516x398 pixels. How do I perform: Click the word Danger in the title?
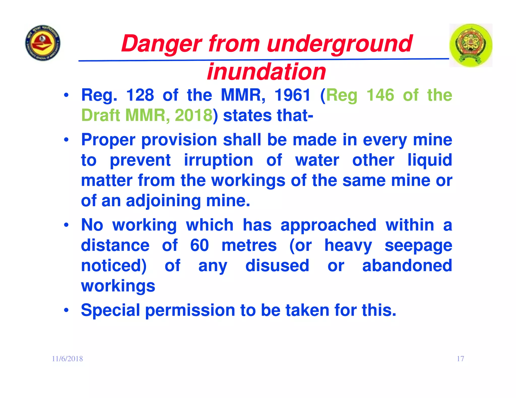pyautogui.click(x=161, y=44)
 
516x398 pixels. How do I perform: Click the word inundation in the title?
pyautogui.click(x=266, y=72)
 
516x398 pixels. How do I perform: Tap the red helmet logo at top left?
pyautogui.click(x=43, y=43)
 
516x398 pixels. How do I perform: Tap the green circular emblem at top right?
pyautogui.click(x=470, y=45)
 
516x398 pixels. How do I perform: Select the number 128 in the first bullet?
pyautogui.click(x=140, y=95)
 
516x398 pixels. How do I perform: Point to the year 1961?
pyautogui.click(x=292, y=95)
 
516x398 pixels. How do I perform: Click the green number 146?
pyautogui.click(x=380, y=95)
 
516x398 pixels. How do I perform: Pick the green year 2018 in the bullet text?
pyautogui.click(x=193, y=115)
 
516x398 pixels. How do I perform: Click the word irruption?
pyautogui.click(x=218, y=160)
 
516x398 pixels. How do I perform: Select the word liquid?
pyautogui.click(x=430, y=160)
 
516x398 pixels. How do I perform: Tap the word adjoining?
pyautogui.click(x=163, y=201)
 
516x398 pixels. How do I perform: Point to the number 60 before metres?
pyautogui.click(x=199, y=245)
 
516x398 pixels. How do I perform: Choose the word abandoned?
pyautogui.click(x=407, y=266)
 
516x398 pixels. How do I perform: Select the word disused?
pyautogui.click(x=277, y=266)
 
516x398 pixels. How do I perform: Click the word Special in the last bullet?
pyautogui.click(x=110, y=310)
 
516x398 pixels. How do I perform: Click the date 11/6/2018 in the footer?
pyautogui.click(x=67, y=359)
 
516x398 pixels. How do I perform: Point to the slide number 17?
pyautogui.click(x=460, y=359)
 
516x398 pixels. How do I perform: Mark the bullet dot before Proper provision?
pyautogui.click(x=66, y=140)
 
